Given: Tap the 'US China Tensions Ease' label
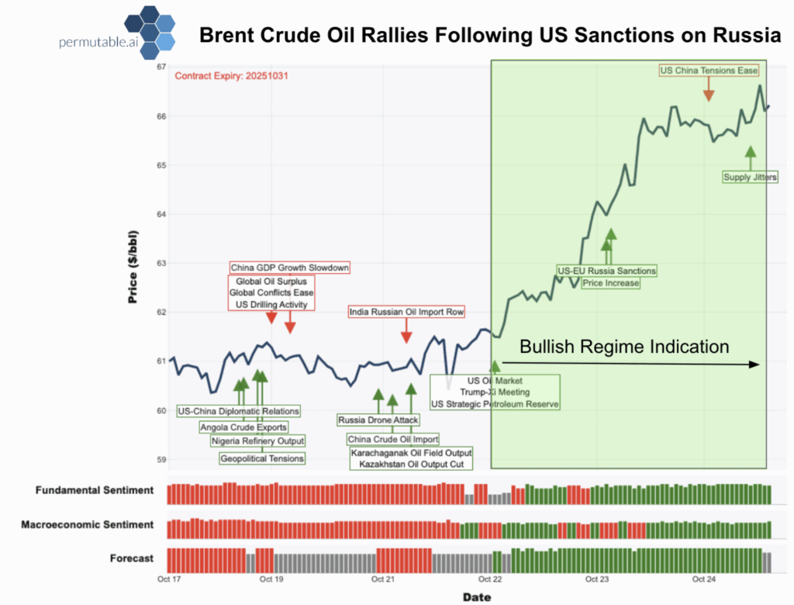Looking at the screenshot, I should click(x=708, y=71).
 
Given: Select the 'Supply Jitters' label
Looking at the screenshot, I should click(x=750, y=178).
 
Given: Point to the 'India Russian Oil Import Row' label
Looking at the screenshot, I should click(x=406, y=312).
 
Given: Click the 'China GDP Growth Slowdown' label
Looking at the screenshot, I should click(x=289, y=268).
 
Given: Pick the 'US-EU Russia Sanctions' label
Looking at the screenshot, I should click(x=606, y=271).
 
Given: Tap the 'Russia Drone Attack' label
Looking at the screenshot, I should click(x=378, y=420).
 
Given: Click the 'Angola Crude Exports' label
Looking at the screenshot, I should click(x=243, y=427).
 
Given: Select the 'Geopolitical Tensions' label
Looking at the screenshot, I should click(x=262, y=458).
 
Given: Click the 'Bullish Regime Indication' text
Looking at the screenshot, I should click(x=624, y=347).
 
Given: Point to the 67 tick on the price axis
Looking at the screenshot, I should click(x=161, y=67).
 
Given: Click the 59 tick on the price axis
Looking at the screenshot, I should click(x=161, y=459).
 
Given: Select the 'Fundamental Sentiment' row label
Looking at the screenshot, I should click(x=94, y=490).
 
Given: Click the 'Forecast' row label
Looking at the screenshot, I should click(x=131, y=558).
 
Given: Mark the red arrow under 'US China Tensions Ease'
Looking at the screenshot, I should click(x=708, y=92).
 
